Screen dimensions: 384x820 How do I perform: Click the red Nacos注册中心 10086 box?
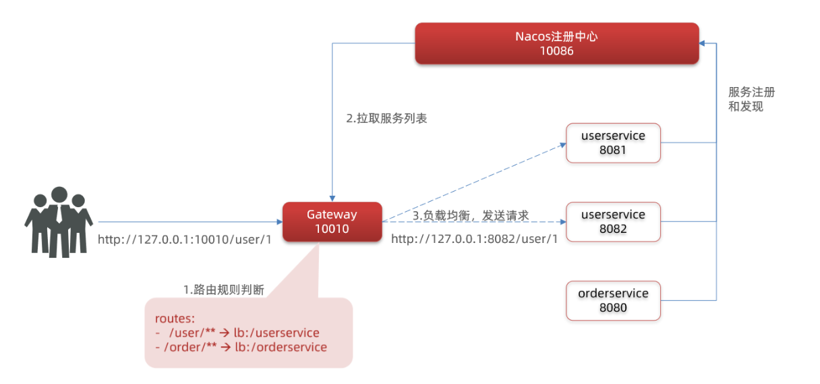tap(556, 43)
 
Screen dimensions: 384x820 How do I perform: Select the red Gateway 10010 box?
tap(332, 221)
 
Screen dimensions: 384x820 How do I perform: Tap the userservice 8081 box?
tap(613, 142)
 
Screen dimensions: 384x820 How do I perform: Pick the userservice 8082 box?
tap(613, 221)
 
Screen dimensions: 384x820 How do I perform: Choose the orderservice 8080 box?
tap(613, 300)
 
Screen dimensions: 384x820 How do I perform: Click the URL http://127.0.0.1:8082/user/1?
tap(474, 240)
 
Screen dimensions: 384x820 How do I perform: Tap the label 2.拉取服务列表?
tap(386, 118)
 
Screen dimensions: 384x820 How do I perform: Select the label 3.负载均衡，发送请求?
tap(471, 215)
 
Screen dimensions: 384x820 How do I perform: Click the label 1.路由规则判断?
tap(223, 290)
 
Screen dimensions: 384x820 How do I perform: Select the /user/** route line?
tap(237, 333)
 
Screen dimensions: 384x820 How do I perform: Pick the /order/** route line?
tap(241, 348)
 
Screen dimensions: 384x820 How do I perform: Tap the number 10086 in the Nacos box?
tap(556, 51)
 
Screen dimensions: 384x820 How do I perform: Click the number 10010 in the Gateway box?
tap(332, 229)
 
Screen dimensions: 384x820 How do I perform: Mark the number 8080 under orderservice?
tap(613, 308)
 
